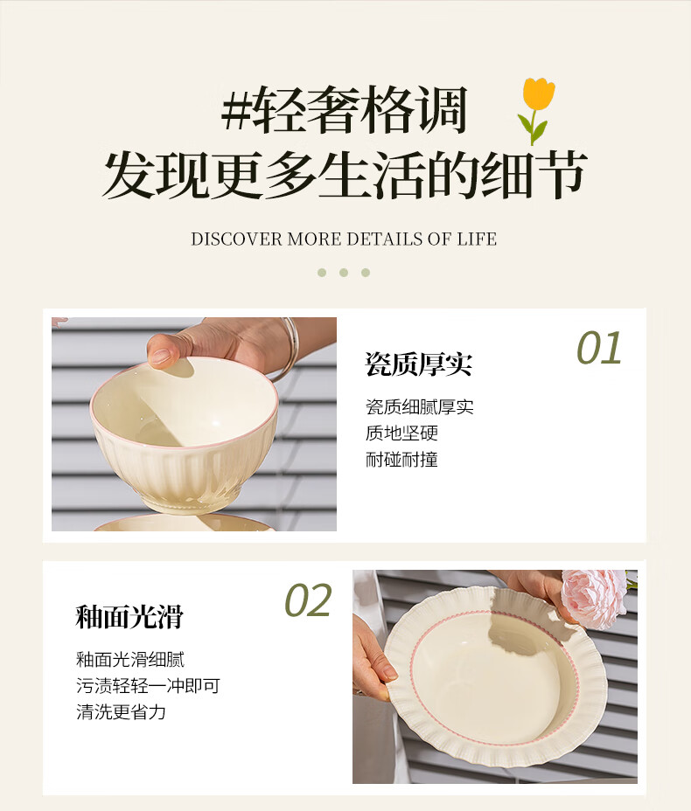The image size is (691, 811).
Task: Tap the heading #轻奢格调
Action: click(345, 110)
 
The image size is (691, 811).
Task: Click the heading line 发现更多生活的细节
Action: click(345, 174)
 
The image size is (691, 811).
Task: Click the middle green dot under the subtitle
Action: click(344, 273)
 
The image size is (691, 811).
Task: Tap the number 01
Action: click(599, 348)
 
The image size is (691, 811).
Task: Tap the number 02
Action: click(308, 600)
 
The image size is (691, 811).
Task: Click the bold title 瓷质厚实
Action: click(419, 364)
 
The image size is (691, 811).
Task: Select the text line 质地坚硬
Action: click(401, 433)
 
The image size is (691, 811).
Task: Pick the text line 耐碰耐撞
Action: click(401, 460)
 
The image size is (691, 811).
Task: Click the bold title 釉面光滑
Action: click(129, 616)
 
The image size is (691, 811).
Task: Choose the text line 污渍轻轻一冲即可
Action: click(148, 686)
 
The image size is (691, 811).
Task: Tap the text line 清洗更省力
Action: click(121, 712)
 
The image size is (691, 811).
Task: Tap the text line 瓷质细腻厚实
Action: click(420, 407)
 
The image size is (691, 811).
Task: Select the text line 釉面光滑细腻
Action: click(130, 660)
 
